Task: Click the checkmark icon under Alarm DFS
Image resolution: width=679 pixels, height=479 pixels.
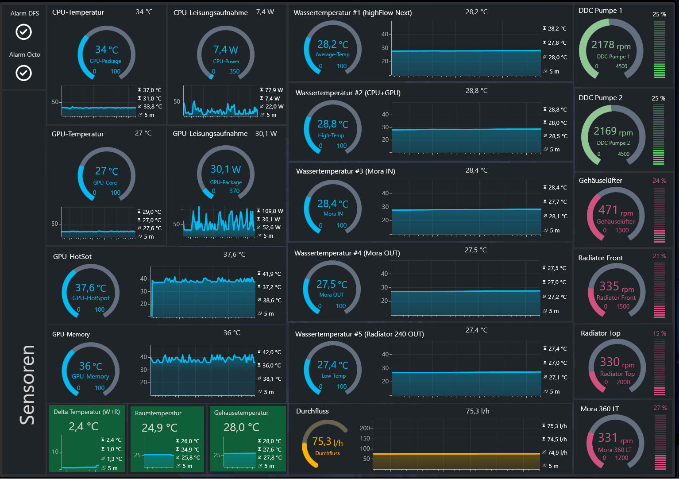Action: [x=23, y=32]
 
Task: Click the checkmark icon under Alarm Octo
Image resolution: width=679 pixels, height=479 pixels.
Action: [x=23, y=73]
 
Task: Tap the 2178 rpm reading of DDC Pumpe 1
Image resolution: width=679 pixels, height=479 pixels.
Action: [x=611, y=45]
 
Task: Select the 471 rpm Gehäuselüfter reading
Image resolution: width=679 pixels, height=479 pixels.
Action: [x=615, y=210]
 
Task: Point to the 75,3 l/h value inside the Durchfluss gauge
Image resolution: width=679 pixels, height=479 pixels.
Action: [x=328, y=442]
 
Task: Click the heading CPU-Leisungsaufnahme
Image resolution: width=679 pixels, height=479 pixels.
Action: [x=211, y=12]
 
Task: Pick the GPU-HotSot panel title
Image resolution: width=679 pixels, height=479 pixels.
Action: [x=72, y=256]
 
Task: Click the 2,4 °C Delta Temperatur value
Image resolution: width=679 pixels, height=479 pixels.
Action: [x=83, y=427]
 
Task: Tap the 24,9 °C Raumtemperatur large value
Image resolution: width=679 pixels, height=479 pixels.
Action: [x=159, y=428]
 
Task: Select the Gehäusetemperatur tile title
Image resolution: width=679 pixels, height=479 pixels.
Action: [x=241, y=413]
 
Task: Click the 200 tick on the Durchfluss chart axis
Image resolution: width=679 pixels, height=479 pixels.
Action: [x=365, y=428]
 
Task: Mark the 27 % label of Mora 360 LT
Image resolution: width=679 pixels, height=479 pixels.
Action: [x=660, y=408]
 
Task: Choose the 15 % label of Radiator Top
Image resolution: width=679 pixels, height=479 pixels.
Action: [x=659, y=333]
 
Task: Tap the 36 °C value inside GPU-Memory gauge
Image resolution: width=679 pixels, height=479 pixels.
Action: [x=91, y=366]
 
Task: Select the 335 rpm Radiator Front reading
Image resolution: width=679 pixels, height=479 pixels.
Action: [x=617, y=286]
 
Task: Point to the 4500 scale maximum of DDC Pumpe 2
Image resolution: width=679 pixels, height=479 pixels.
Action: [x=624, y=154]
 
